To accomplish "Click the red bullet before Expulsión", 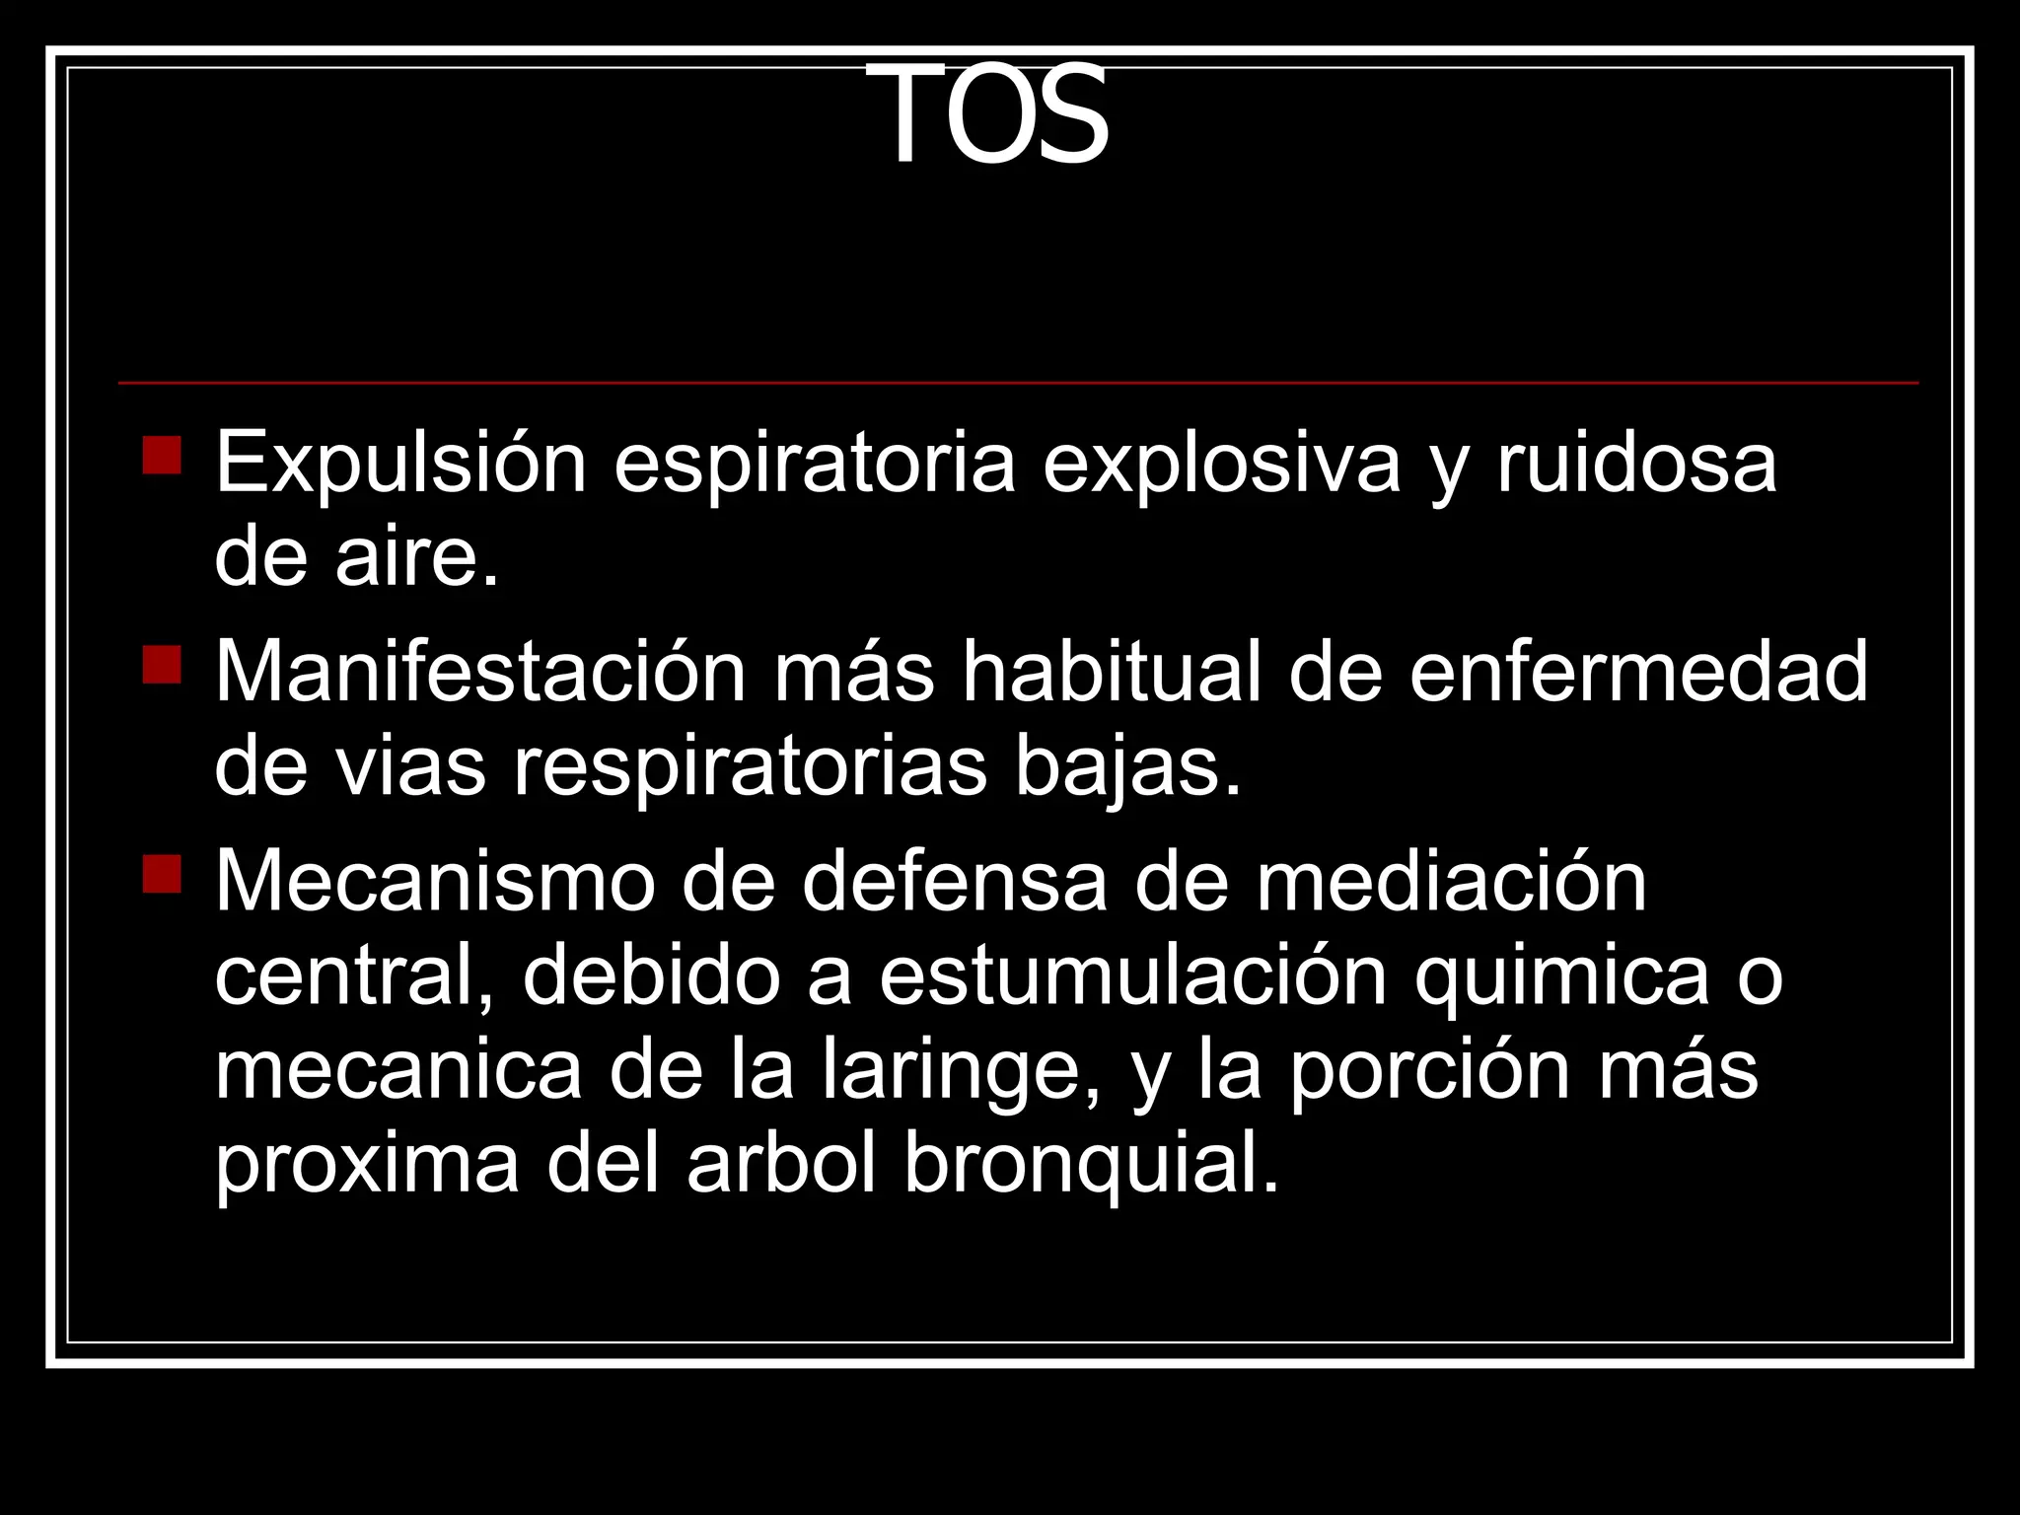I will tap(162, 456).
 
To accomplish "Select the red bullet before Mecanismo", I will tap(162, 874).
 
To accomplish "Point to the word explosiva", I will tap(1221, 464).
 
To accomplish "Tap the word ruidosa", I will tap(1637, 464).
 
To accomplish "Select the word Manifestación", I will tap(480, 673).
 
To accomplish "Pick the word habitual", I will tap(1113, 673).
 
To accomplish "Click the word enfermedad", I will tap(1638, 673).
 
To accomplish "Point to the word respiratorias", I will tap(750, 769).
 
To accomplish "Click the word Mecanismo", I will tap(435, 882).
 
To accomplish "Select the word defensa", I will tap(955, 882).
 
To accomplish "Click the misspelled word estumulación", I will tap(1133, 976).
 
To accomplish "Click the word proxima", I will tap(367, 1166).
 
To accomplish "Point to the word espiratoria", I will tap(815, 464).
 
